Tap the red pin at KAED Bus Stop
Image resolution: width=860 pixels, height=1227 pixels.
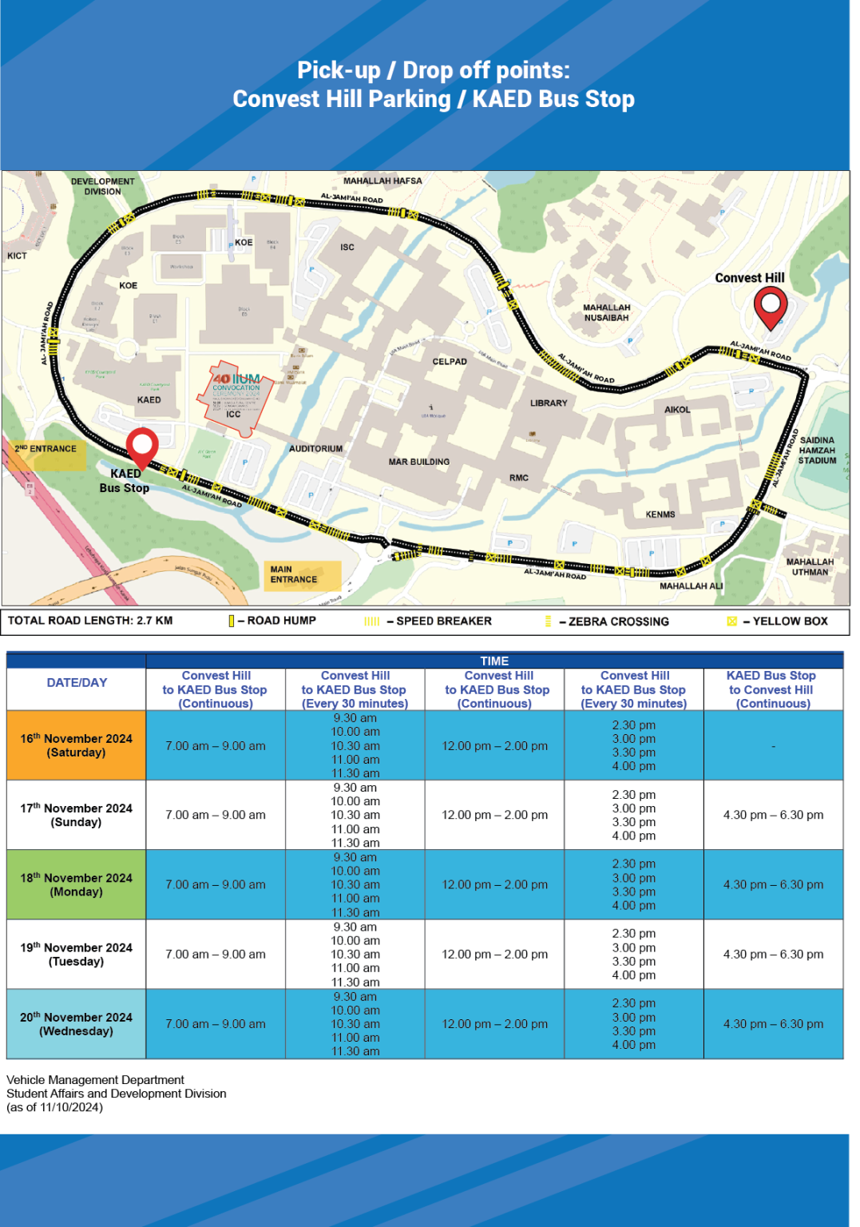142,447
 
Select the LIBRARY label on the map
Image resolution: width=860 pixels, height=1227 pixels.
549,403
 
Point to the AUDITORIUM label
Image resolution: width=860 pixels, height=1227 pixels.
315,449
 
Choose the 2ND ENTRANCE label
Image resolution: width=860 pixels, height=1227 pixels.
46,449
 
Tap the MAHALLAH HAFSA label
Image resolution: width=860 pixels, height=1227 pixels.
382,181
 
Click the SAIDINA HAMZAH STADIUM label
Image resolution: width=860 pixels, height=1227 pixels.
817,451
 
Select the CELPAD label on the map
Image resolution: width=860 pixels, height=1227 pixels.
450,362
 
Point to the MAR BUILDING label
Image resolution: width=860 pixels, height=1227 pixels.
418,462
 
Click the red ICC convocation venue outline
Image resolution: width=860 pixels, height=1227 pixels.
234,399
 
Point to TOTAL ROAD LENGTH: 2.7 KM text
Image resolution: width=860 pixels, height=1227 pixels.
90,621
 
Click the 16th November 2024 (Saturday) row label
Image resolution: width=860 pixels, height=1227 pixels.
77,745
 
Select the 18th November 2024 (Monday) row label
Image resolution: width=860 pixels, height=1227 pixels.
77,884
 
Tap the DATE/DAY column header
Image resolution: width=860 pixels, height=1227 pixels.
77,683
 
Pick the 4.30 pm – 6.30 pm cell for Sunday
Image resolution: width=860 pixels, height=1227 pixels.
773,815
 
